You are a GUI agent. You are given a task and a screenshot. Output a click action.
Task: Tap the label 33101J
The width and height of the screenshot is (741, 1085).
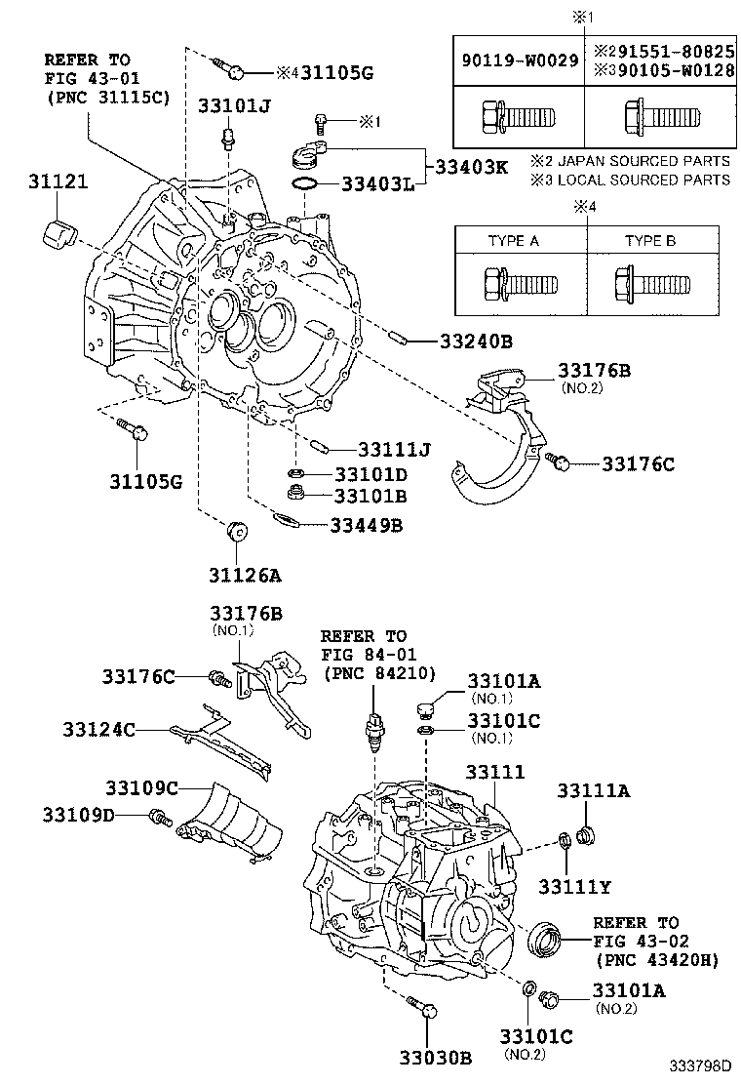click(x=234, y=105)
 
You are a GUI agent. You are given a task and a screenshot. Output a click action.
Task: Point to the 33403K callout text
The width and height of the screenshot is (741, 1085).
click(x=466, y=166)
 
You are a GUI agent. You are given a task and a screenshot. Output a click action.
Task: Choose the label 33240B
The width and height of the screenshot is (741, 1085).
click(x=475, y=342)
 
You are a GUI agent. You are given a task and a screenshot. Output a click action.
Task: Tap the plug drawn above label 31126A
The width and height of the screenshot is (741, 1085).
click(x=236, y=533)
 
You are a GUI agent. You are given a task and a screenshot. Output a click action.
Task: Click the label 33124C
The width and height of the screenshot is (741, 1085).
click(x=97, y=729)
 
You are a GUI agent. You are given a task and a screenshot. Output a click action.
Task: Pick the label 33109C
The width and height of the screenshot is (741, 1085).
click(x=141, y=787)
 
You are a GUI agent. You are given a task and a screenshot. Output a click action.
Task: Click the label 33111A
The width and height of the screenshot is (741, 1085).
click(x=593, y=791)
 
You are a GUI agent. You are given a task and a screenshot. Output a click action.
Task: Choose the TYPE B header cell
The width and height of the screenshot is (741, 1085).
click(x=650, y=240)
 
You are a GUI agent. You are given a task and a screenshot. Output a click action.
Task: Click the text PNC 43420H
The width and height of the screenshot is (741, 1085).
click(x=655, y=960)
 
